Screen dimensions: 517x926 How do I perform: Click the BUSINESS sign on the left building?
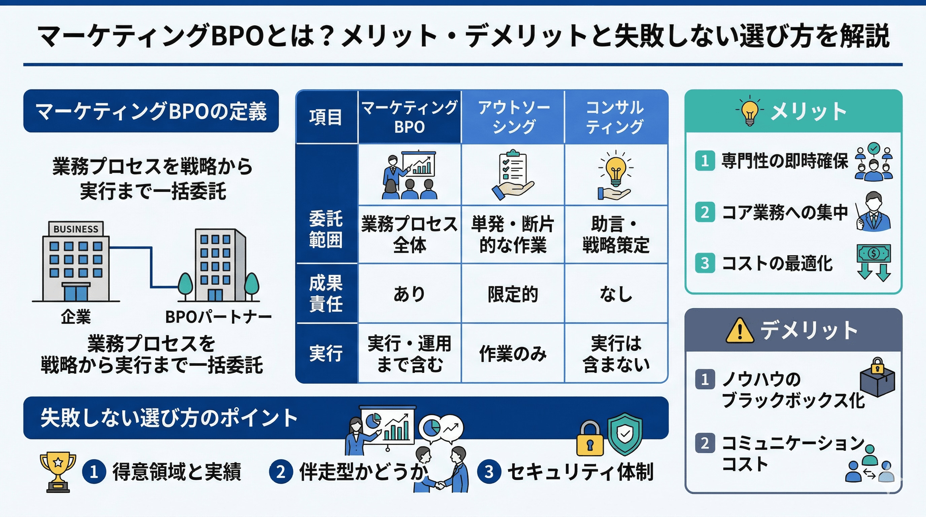(x=76, y=229)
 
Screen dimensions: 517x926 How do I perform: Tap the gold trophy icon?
(x=58, y=471)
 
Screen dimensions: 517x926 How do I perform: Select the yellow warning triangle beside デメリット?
(x=740, y=331)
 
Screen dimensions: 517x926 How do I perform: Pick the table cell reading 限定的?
(x=512, y=294)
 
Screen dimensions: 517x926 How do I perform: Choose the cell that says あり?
(x=409, y=294)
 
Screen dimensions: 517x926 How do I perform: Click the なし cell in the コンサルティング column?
(x=616, y=294)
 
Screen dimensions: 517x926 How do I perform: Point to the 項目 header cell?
(x=326, y=117)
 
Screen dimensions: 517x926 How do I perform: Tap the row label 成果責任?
(x=326, y=294)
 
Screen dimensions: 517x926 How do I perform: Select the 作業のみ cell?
(x=512, y=353)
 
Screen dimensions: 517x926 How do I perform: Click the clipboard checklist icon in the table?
(x=512, y=174)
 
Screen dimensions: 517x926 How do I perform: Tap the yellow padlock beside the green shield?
(x=590, y=439)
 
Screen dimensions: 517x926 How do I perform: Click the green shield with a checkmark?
(x=625, y=434)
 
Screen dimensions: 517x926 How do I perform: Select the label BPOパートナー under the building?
(x=218, y=317)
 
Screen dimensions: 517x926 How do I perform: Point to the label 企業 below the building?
(x=76, y=317)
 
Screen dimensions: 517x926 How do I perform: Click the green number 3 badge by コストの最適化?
(x=705, y=263)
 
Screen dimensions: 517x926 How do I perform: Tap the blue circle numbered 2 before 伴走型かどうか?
(x=281, y=472)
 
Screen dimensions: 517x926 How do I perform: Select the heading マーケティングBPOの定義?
(x=151, y=111)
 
